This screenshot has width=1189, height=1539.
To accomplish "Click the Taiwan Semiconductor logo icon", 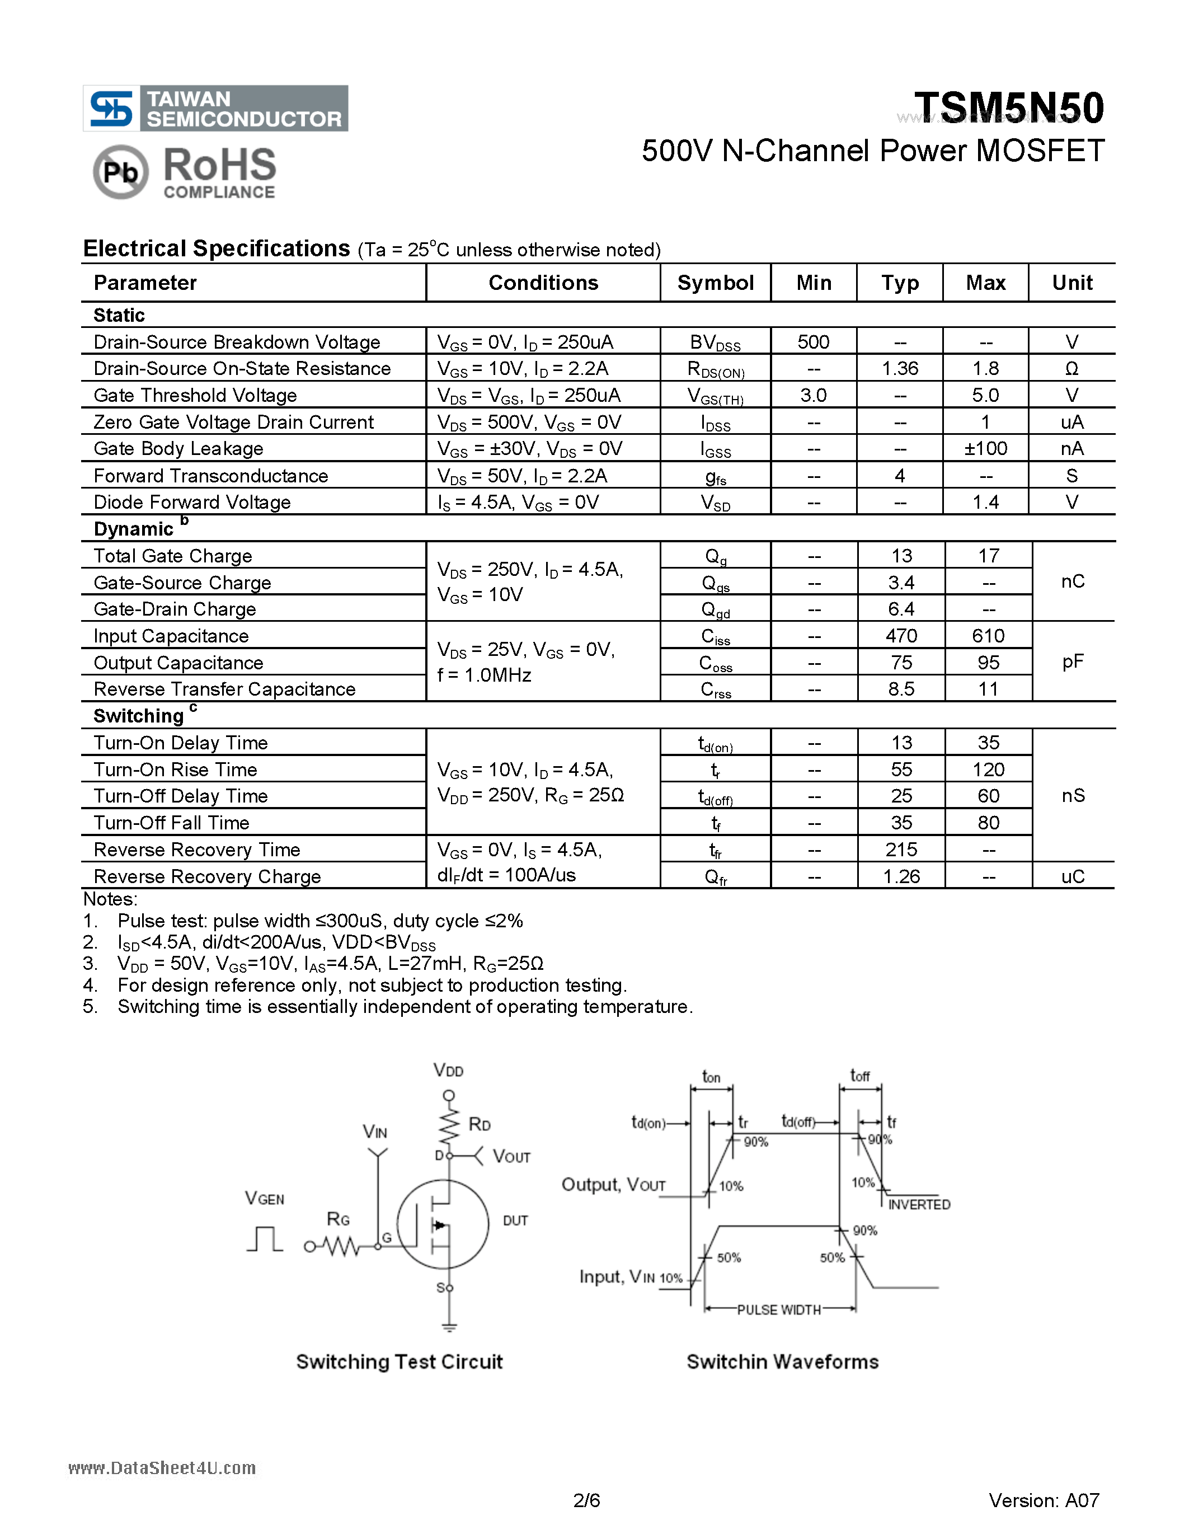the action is pyautogui.click(x=111, y=109).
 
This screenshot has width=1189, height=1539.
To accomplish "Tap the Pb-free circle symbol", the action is pyautogui.click(x=120, y=171).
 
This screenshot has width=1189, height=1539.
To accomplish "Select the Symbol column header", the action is pyautogui.click(x=715, y=283).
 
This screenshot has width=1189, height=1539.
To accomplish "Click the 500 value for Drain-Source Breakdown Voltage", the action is pyautogui.click(x=813, y=342).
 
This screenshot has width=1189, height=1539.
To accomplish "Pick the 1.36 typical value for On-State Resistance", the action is pyautogui.click(x=900, y=369).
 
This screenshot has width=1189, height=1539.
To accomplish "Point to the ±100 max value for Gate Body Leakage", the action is pyautogui.click(x=985, y=449).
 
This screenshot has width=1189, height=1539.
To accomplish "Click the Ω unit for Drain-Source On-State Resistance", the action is pyautogui.click(x=1071, y=369).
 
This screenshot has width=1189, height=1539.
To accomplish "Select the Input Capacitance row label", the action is pyautogui.click(x=171, y=636).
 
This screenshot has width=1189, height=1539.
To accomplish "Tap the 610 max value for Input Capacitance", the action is pyautogui.click(x=988, y=636).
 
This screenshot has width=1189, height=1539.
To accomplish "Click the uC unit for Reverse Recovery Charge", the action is pyautogui.click(x=1072, y=876).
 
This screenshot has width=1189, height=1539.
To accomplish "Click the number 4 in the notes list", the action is pyautogui.click(x=90, y=985).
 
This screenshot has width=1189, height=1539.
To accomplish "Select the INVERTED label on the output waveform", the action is pyautogui.click(x=919, y=1204).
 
